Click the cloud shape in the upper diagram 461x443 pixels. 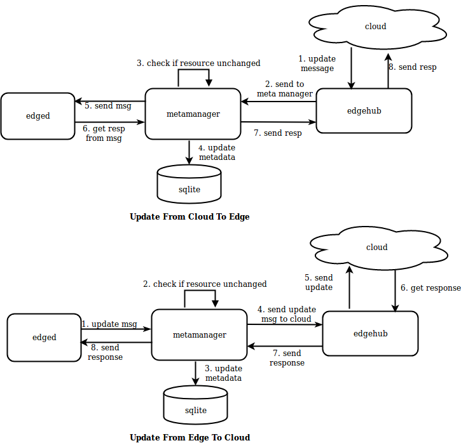point(375,27)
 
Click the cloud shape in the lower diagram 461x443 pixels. point(376,247)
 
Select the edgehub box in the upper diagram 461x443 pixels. point(364,111)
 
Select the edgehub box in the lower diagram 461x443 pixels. point(370,333)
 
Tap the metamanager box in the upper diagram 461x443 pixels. point(193,114)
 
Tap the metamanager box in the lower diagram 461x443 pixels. point(199,335)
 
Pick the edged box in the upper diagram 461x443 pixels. point(38,116)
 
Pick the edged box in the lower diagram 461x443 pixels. point(44,338)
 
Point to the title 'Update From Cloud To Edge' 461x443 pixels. point(189,216)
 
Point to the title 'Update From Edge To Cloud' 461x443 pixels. point(189,437)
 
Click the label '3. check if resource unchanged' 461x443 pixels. point(198,63)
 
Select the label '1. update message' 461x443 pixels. point(317,63)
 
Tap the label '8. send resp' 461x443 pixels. point(413,67)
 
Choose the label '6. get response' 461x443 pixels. point(430,288)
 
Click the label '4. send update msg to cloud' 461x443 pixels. point(286,314)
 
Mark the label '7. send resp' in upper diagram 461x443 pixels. point(277,133)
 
